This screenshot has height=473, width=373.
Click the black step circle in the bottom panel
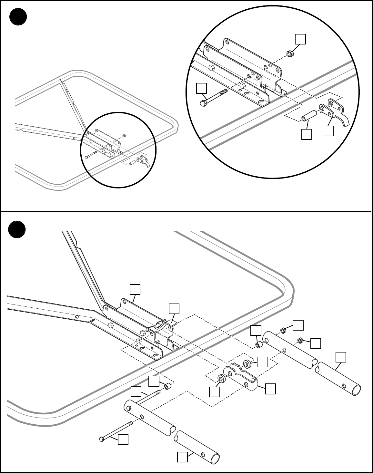click(x=16, y=229)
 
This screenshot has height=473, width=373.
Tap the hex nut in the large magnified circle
click(x=289, y=53)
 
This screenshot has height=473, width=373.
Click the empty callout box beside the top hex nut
click(x=300, y=39)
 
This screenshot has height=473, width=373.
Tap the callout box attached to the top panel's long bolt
click(x=202, y=88)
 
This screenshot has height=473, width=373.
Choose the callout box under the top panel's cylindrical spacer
click(x=307, y=134)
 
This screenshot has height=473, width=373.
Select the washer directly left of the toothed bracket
click(x=221, y=378)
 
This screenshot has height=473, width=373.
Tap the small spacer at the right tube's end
click(x=258, y=345)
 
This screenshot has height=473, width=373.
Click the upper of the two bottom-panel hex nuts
click(x=282, y=331)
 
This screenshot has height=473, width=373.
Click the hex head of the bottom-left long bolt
click(x=102, y=439)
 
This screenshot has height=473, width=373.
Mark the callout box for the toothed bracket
click(x=270, y=389)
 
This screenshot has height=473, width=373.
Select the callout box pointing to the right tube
click(x=341, y=357)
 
